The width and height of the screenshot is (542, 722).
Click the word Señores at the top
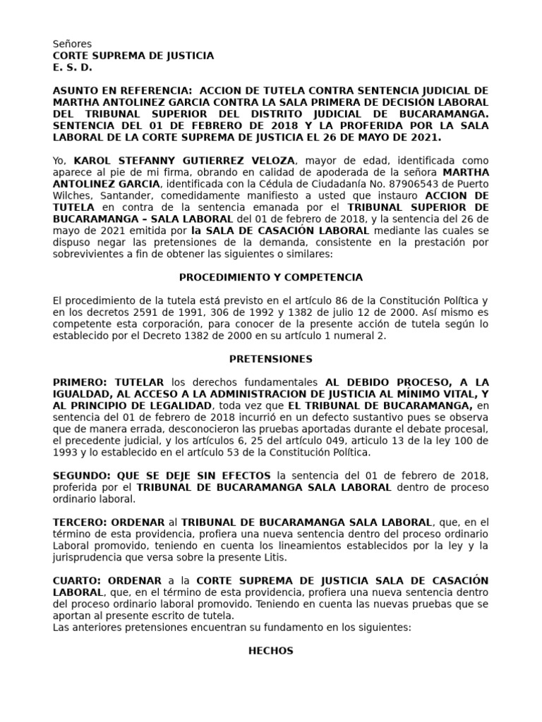72,44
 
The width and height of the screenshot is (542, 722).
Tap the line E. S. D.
73,68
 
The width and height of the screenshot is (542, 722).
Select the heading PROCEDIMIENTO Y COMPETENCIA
270,277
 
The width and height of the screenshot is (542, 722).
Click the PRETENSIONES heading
270,359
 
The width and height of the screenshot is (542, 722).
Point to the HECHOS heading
270,651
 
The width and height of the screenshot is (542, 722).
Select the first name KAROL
90,160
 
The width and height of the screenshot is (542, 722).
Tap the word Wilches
69,196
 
